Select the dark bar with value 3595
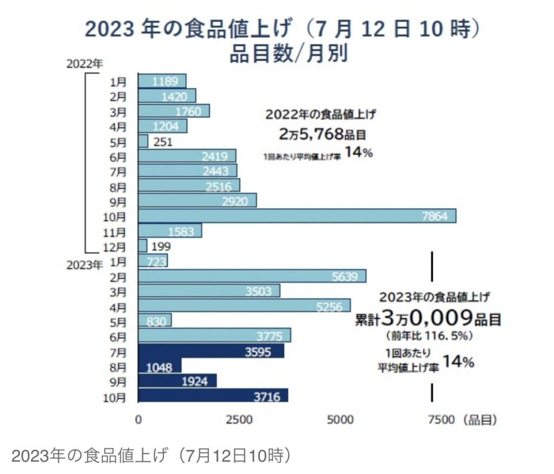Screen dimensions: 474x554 pyautogui.click(x=211, y=351)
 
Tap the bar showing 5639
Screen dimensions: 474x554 pyautogui.click(x=252, y=276)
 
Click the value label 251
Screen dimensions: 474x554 pyautogui.click(x=163, y=142)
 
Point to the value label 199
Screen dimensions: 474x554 pyautogui.click(x=162, y=247)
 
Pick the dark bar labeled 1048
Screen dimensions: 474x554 pyautogui.click(x=160, y=366)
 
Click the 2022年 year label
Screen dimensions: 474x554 pyautogui.click(x=84, y=63)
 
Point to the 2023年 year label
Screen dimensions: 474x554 pyautogui.click(x=84, y=265)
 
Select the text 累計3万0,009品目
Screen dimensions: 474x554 pyautogui.click(x=427, y=318)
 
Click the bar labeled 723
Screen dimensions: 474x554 pyautogui.click(x=153, y=261)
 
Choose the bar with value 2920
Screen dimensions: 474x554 pyautogui.click(x=197, y=201)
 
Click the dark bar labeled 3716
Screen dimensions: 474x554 pyautogui.click(x=213, y=397)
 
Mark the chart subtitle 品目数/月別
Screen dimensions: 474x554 pyautogui.click(x=281, y=54)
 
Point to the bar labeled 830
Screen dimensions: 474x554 pyautogui.click(x=155, y=321)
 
